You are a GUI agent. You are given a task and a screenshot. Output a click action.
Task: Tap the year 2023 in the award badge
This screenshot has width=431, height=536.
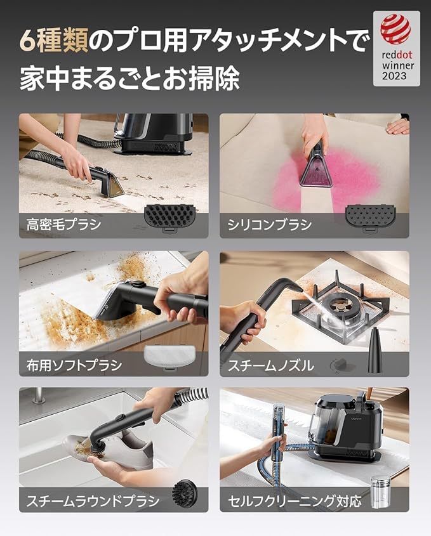397,76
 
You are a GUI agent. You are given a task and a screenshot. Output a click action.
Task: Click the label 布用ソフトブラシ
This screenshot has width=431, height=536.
74,365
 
